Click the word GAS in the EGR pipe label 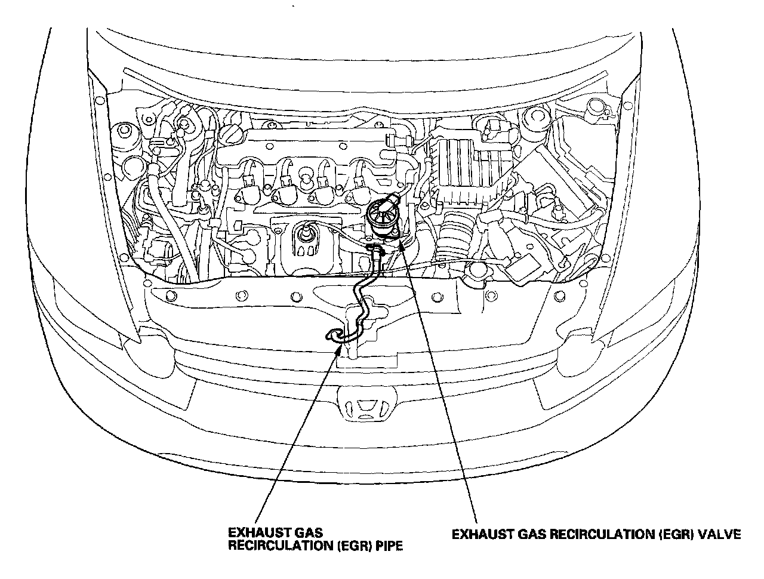[x=303, y=531]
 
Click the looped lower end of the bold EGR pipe [x=333, y=337]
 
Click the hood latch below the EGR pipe [x=352, y=346]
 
